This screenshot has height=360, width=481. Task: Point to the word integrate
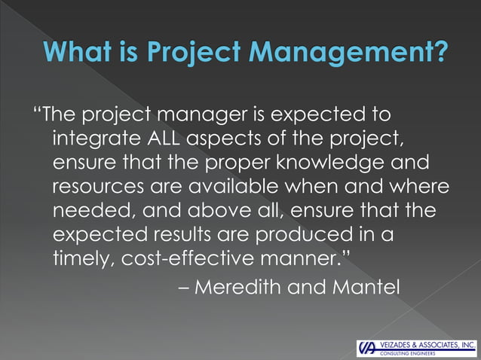click(94, 141)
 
